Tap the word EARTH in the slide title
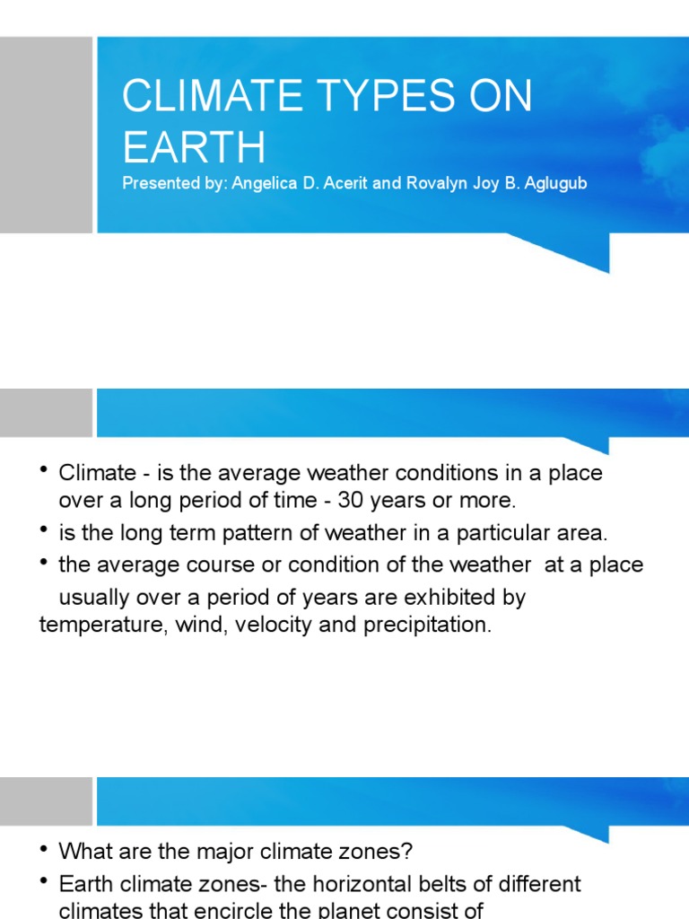(x=194, y=146)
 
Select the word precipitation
(x=427, y=626)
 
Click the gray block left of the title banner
(x=46, y=135)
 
